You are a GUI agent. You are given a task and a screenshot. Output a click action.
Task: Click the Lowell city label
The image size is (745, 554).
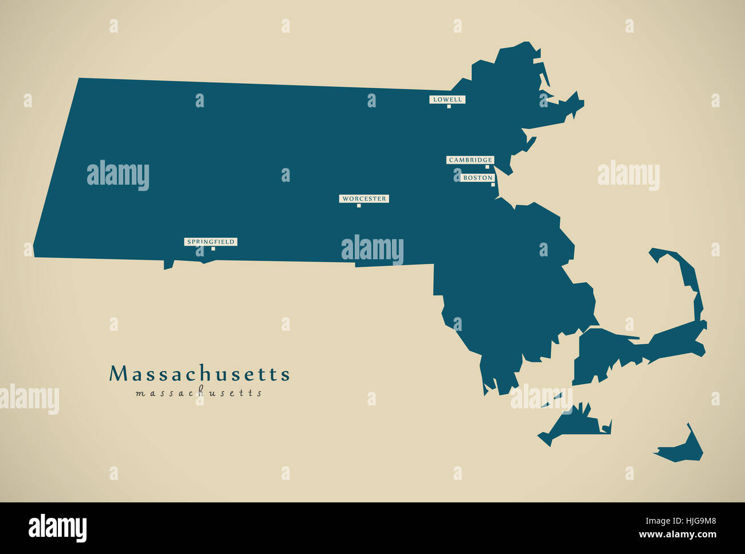[x=447, y=99]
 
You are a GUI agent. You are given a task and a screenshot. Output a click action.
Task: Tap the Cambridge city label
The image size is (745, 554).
[x=470, y=160]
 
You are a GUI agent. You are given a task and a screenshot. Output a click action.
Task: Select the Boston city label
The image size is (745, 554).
[x=477, y=178]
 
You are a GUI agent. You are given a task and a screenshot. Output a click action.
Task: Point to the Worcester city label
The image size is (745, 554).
[x=364, y=199]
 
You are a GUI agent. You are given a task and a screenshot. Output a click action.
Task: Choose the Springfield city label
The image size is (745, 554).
[x=210, y=242]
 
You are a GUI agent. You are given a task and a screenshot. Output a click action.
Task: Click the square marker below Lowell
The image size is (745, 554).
[x=449, y=106]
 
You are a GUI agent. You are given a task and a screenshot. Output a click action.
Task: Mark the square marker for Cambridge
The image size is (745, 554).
[x=487, y=167]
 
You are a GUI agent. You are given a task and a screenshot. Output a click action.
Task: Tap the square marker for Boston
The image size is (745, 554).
[x=492, y=185]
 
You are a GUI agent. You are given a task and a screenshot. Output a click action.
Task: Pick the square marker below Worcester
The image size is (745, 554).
[x=359, y=205]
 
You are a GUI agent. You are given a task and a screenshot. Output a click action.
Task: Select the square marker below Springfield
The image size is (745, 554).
[x=213, y=248]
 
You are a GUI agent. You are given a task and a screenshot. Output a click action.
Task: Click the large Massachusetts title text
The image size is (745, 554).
[x=199, y=374]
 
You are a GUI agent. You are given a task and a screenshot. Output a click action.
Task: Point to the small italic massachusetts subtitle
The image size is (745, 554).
[x=199, y=393]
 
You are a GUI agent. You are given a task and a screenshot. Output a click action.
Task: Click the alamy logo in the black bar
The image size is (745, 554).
[x=57, y=528]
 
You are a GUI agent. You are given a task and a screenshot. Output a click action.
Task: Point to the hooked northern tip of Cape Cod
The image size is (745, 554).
[x=659, y=252]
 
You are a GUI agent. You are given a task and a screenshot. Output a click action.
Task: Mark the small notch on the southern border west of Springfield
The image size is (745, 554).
[x=168, y=265]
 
